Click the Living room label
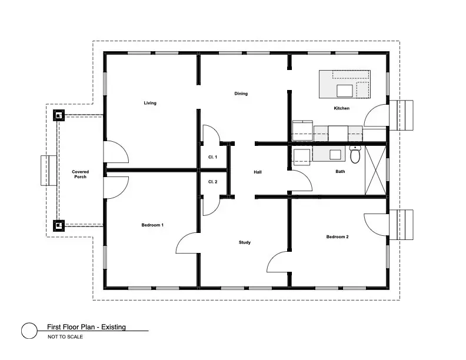[150, 103]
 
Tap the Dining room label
[241, 94]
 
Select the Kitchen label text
[341, 108]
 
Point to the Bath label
[340, 172]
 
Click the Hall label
[257, 172]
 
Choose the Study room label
[245, 242]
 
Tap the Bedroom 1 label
[152, 225]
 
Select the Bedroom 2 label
[337, 237]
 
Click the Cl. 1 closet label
[212, 157]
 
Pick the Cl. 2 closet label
[212, 182]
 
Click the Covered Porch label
[81, 174]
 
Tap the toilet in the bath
[355, 155]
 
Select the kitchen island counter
[345, 84]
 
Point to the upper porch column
[58, 115]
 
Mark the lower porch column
[58, 225]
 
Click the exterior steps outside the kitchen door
[407, 115]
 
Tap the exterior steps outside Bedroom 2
[407, 224]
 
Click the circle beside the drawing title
[29, 331]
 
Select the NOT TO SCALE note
[65, 337]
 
